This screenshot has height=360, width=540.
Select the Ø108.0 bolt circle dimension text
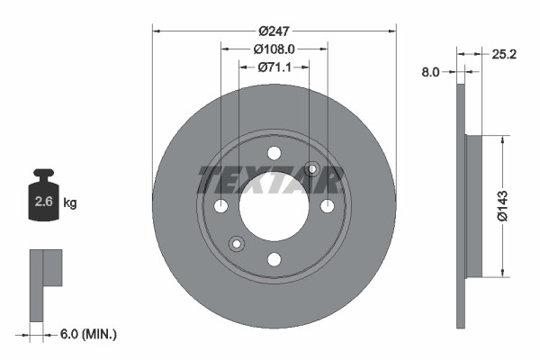[274, 49]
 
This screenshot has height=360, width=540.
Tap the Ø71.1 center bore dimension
[274, 67]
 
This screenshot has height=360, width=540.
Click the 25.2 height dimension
[504, 54]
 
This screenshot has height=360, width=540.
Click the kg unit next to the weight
[70, 203]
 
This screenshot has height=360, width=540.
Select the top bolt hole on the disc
[274, 153]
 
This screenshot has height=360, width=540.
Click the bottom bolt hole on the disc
[274, 260]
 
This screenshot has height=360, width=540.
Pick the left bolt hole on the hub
[221, 207]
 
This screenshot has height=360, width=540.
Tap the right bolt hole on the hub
[328, 207]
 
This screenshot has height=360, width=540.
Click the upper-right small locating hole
[312, 169]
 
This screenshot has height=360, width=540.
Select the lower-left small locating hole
[237, 244]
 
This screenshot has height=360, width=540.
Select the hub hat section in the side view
[473, 206]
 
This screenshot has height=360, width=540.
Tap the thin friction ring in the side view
[461, 297]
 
